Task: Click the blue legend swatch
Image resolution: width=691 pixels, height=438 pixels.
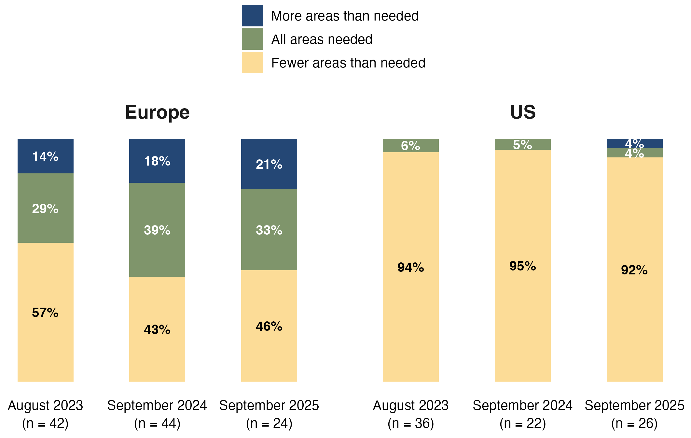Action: (252, 16)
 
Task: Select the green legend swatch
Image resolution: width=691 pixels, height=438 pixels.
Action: (252, 39)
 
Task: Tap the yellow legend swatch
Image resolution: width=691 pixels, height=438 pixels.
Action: (252, 63)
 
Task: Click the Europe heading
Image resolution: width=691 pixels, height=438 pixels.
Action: (157, 112)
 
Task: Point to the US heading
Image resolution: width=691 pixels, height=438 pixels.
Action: (523, 112)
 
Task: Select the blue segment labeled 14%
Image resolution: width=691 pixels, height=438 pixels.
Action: (45, 156)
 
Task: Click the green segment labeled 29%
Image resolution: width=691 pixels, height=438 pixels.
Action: (45, 208)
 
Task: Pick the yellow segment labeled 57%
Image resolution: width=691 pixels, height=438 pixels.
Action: (45, 312)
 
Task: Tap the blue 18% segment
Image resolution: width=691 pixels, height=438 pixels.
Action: (157, 161)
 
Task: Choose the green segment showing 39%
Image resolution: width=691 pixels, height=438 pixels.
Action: (157, 230)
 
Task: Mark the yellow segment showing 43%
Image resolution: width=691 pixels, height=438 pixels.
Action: (157, 329)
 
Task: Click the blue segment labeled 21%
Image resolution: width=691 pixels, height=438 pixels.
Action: (269, 164)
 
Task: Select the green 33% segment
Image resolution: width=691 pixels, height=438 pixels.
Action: (269, 230)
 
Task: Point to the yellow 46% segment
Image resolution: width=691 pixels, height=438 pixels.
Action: (269, 326)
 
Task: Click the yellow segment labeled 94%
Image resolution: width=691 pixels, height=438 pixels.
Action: (410, 267)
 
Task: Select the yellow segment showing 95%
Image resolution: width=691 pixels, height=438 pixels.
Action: (522, 266)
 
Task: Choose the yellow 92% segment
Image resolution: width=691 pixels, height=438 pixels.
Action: (634, 270)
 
